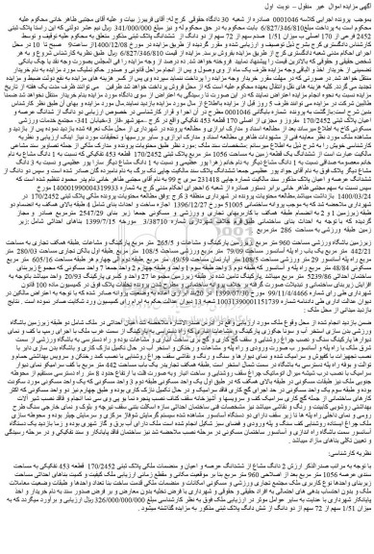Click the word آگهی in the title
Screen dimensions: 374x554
click(x=359, y=8)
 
